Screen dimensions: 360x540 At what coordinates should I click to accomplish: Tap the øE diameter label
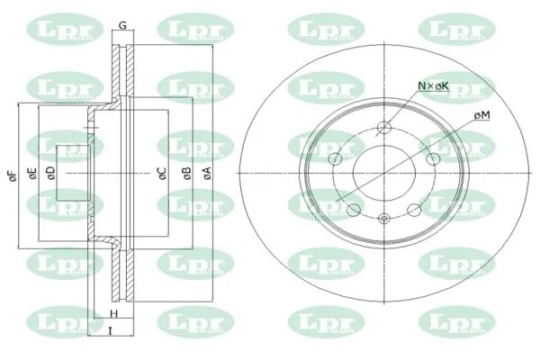(x=31, y=175)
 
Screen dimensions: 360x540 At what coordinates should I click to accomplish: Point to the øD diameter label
(x=50, y=175)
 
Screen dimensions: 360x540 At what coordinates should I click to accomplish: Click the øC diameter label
(x=162, y=175)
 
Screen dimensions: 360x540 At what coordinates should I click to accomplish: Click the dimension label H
(x=114, y=313)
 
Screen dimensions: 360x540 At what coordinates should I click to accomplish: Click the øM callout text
(x=481, y=116)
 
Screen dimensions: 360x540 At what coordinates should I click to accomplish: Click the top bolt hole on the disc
(x=384, y=127)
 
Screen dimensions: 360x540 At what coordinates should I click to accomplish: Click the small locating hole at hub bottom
(x=384, y=219)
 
